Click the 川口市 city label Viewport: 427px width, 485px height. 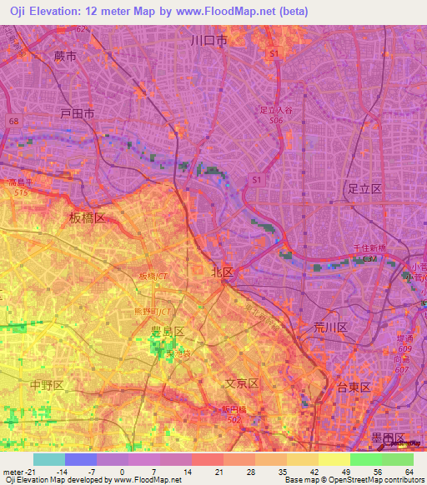click(208, 40)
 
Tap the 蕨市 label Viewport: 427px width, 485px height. click(64, 57)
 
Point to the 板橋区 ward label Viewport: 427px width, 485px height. click(87, 217)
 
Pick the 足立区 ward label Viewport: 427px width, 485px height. click(364, 190)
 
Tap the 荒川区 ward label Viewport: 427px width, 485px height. click(330, 327)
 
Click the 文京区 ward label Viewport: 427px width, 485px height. click(243, 383)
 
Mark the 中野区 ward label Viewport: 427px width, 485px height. click(47, 385)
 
